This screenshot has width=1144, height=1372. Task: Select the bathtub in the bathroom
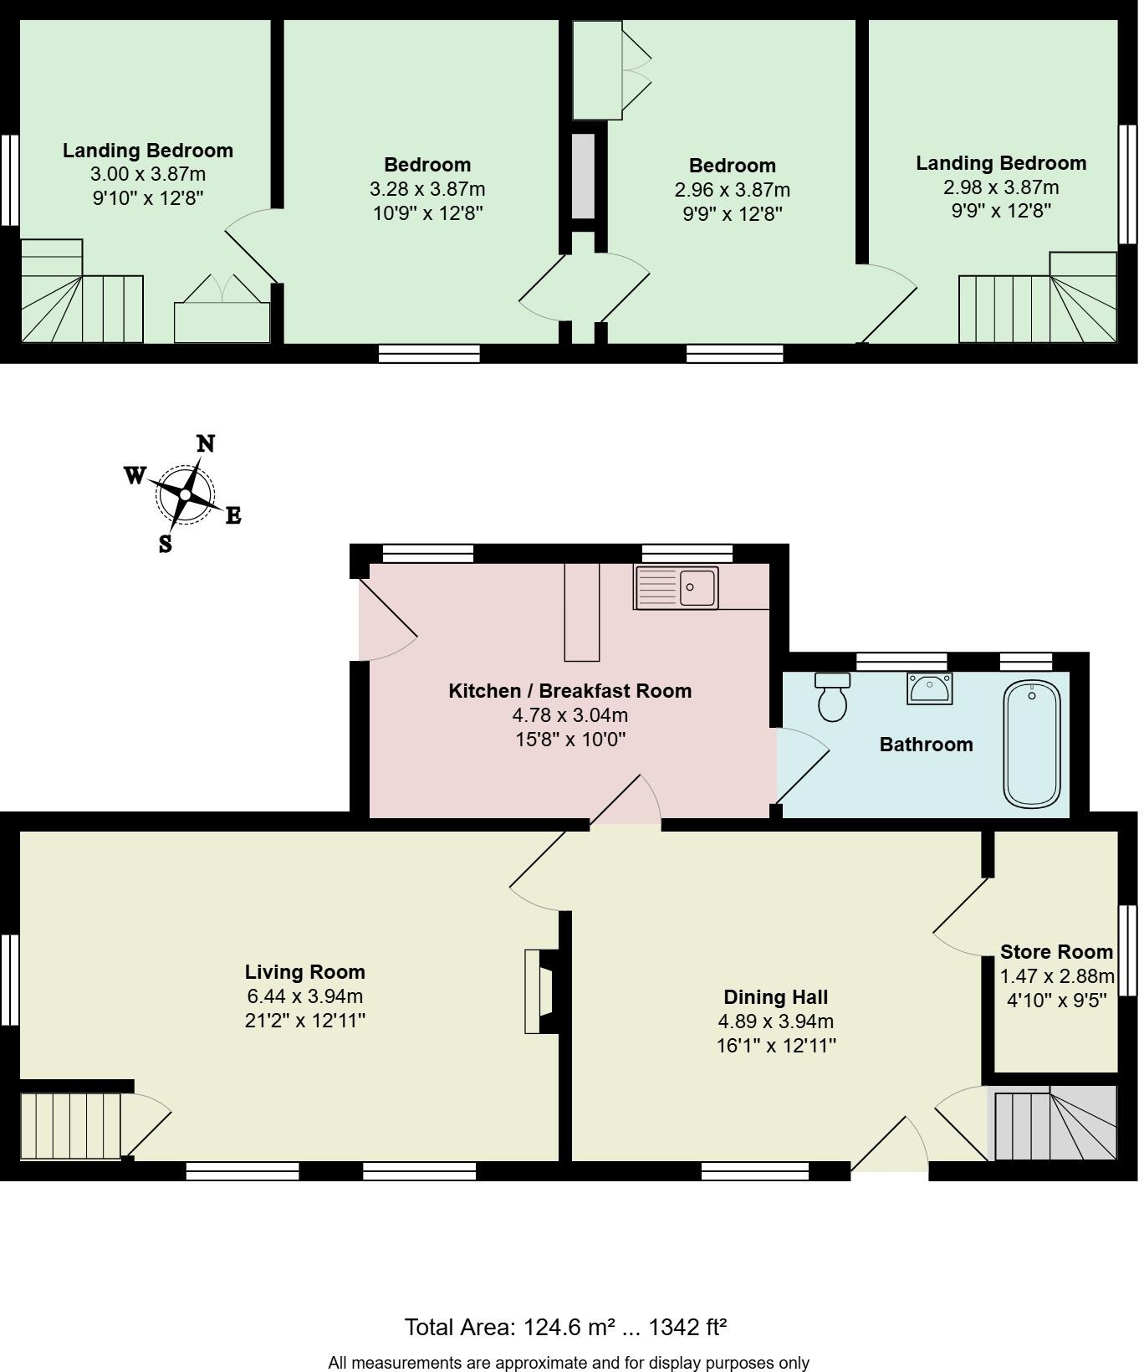(x=1032, y=744)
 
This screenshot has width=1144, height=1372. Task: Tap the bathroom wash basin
(x=929, y=689)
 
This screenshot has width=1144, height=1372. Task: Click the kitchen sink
(x=677, y=587)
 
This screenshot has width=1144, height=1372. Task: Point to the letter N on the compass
(x=206, y=443)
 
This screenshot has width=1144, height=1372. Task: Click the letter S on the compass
(x=166, y=544)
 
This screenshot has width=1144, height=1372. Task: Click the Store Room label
(x=1056, y=951)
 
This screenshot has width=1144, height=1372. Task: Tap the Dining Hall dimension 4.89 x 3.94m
(x=775, y=1021)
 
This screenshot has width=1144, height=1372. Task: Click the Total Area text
(x=565, y=1327)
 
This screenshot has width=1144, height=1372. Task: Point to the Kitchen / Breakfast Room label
(x=569, y=690)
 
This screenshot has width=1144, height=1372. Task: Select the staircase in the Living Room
(x=71, y=1125)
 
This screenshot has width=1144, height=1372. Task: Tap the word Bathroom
(x=926, y=744)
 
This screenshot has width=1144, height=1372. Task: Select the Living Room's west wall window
(x=9, y=979)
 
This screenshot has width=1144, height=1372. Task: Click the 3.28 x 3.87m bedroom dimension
(x=427, y=189)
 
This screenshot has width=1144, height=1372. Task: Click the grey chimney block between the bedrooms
(x=583, y=176)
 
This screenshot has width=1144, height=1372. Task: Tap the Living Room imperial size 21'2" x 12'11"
(x=305, y=1020)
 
